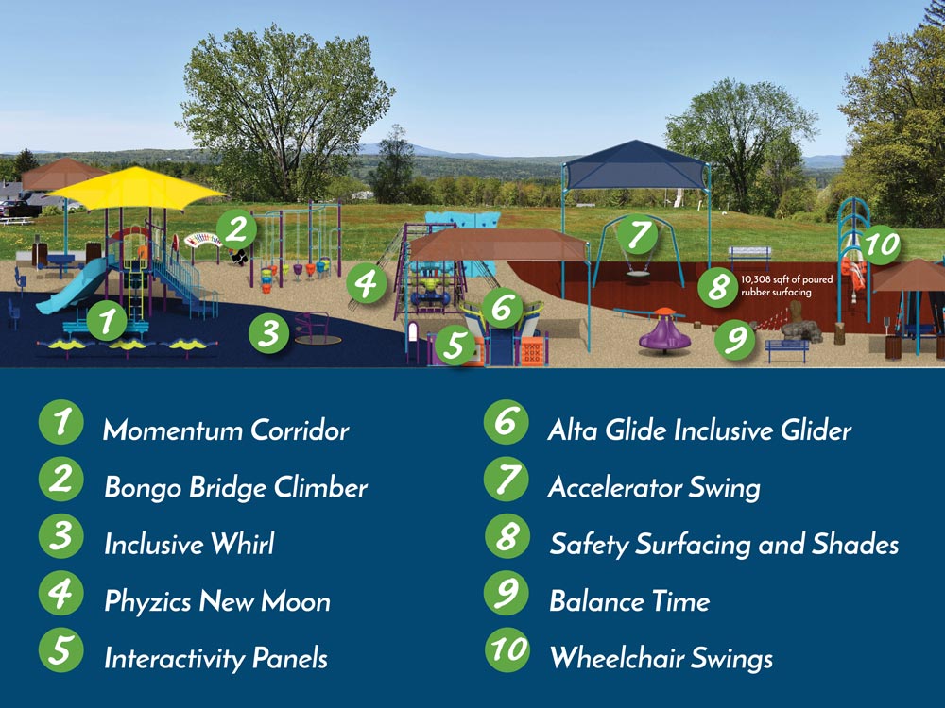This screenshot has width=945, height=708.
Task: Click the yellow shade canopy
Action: click(135, 189)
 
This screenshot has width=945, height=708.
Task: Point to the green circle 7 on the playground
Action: click(638, 234)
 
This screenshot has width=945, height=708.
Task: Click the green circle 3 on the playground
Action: click(268, 333)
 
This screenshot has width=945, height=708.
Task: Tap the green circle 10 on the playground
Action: click(882, 244)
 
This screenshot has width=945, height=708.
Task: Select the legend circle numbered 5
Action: click(60, 650)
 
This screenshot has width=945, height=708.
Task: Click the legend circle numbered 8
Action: click(507, 536)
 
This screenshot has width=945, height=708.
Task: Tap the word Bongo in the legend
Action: click(143, 487)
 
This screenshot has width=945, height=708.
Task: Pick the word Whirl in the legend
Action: click(242, 544)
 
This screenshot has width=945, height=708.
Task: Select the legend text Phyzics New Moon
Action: click(217, 600)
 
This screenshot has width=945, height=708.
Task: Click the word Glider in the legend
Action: click(816, 430)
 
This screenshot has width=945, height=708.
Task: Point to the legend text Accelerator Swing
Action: click(655, 487)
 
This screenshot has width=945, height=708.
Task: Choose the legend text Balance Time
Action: click(629, 600)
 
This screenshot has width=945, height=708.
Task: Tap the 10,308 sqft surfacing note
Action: click(787, 286)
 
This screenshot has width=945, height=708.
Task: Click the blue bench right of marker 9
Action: click(787, 351)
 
